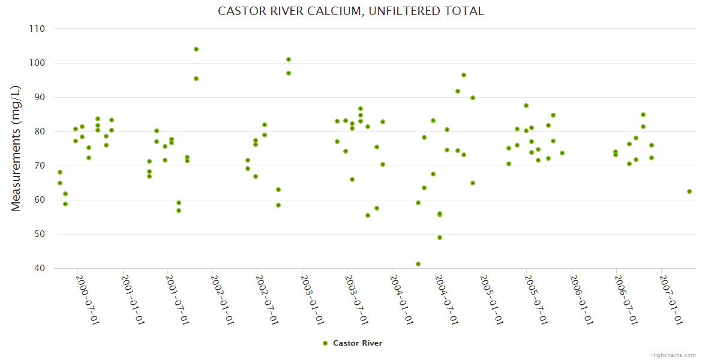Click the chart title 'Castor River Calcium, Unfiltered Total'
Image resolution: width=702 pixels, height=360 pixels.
[x=350, y=11]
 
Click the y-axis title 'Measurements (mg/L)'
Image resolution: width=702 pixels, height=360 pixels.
[x=16, y=148]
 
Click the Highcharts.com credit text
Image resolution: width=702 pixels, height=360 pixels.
[x=673, y=355]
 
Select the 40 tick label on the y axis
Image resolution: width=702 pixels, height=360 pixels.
[x=40, y=268]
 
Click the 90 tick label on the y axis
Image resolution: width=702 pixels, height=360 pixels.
[x=40, y=97]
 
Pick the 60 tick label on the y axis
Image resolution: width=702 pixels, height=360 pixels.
[x=40, y=200]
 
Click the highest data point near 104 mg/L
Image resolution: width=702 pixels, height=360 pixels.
[x=196, y=49]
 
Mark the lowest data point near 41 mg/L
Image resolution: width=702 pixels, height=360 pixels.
[x=418, y=264]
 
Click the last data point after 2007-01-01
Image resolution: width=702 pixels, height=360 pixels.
[x=689, y=191]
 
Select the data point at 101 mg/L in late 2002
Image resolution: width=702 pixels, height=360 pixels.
[x=289, y=59]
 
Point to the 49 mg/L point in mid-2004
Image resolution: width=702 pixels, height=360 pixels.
[x=440, y=238]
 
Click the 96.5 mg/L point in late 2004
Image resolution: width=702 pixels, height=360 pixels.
[x=464, y=75]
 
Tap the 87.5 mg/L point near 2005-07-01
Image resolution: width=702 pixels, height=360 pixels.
[x=526, y=106]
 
